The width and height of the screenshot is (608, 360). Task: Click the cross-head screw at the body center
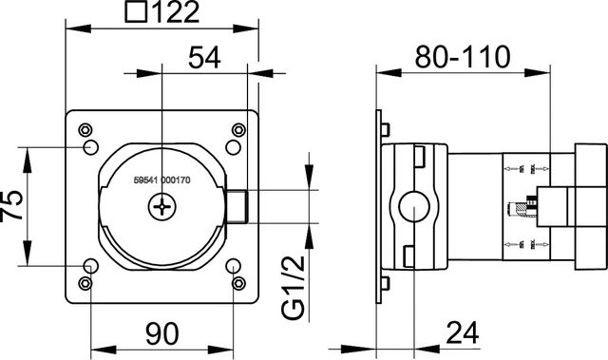pos(164,204)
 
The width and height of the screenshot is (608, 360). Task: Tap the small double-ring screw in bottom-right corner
pos(237,282)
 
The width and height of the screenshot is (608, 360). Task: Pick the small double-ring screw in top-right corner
pos(237,129)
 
